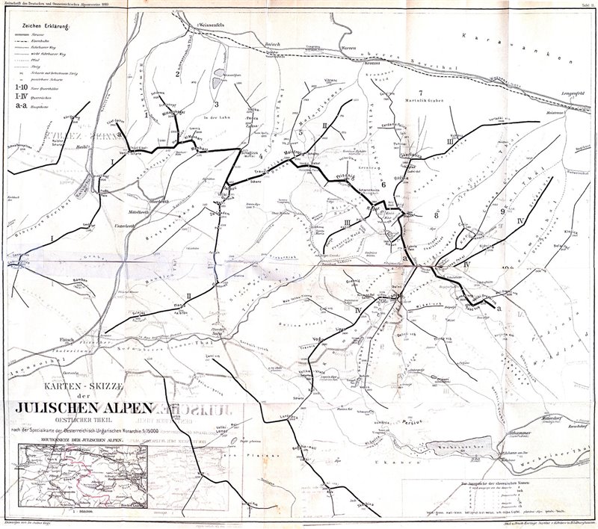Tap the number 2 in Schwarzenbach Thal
coord(176,74)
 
